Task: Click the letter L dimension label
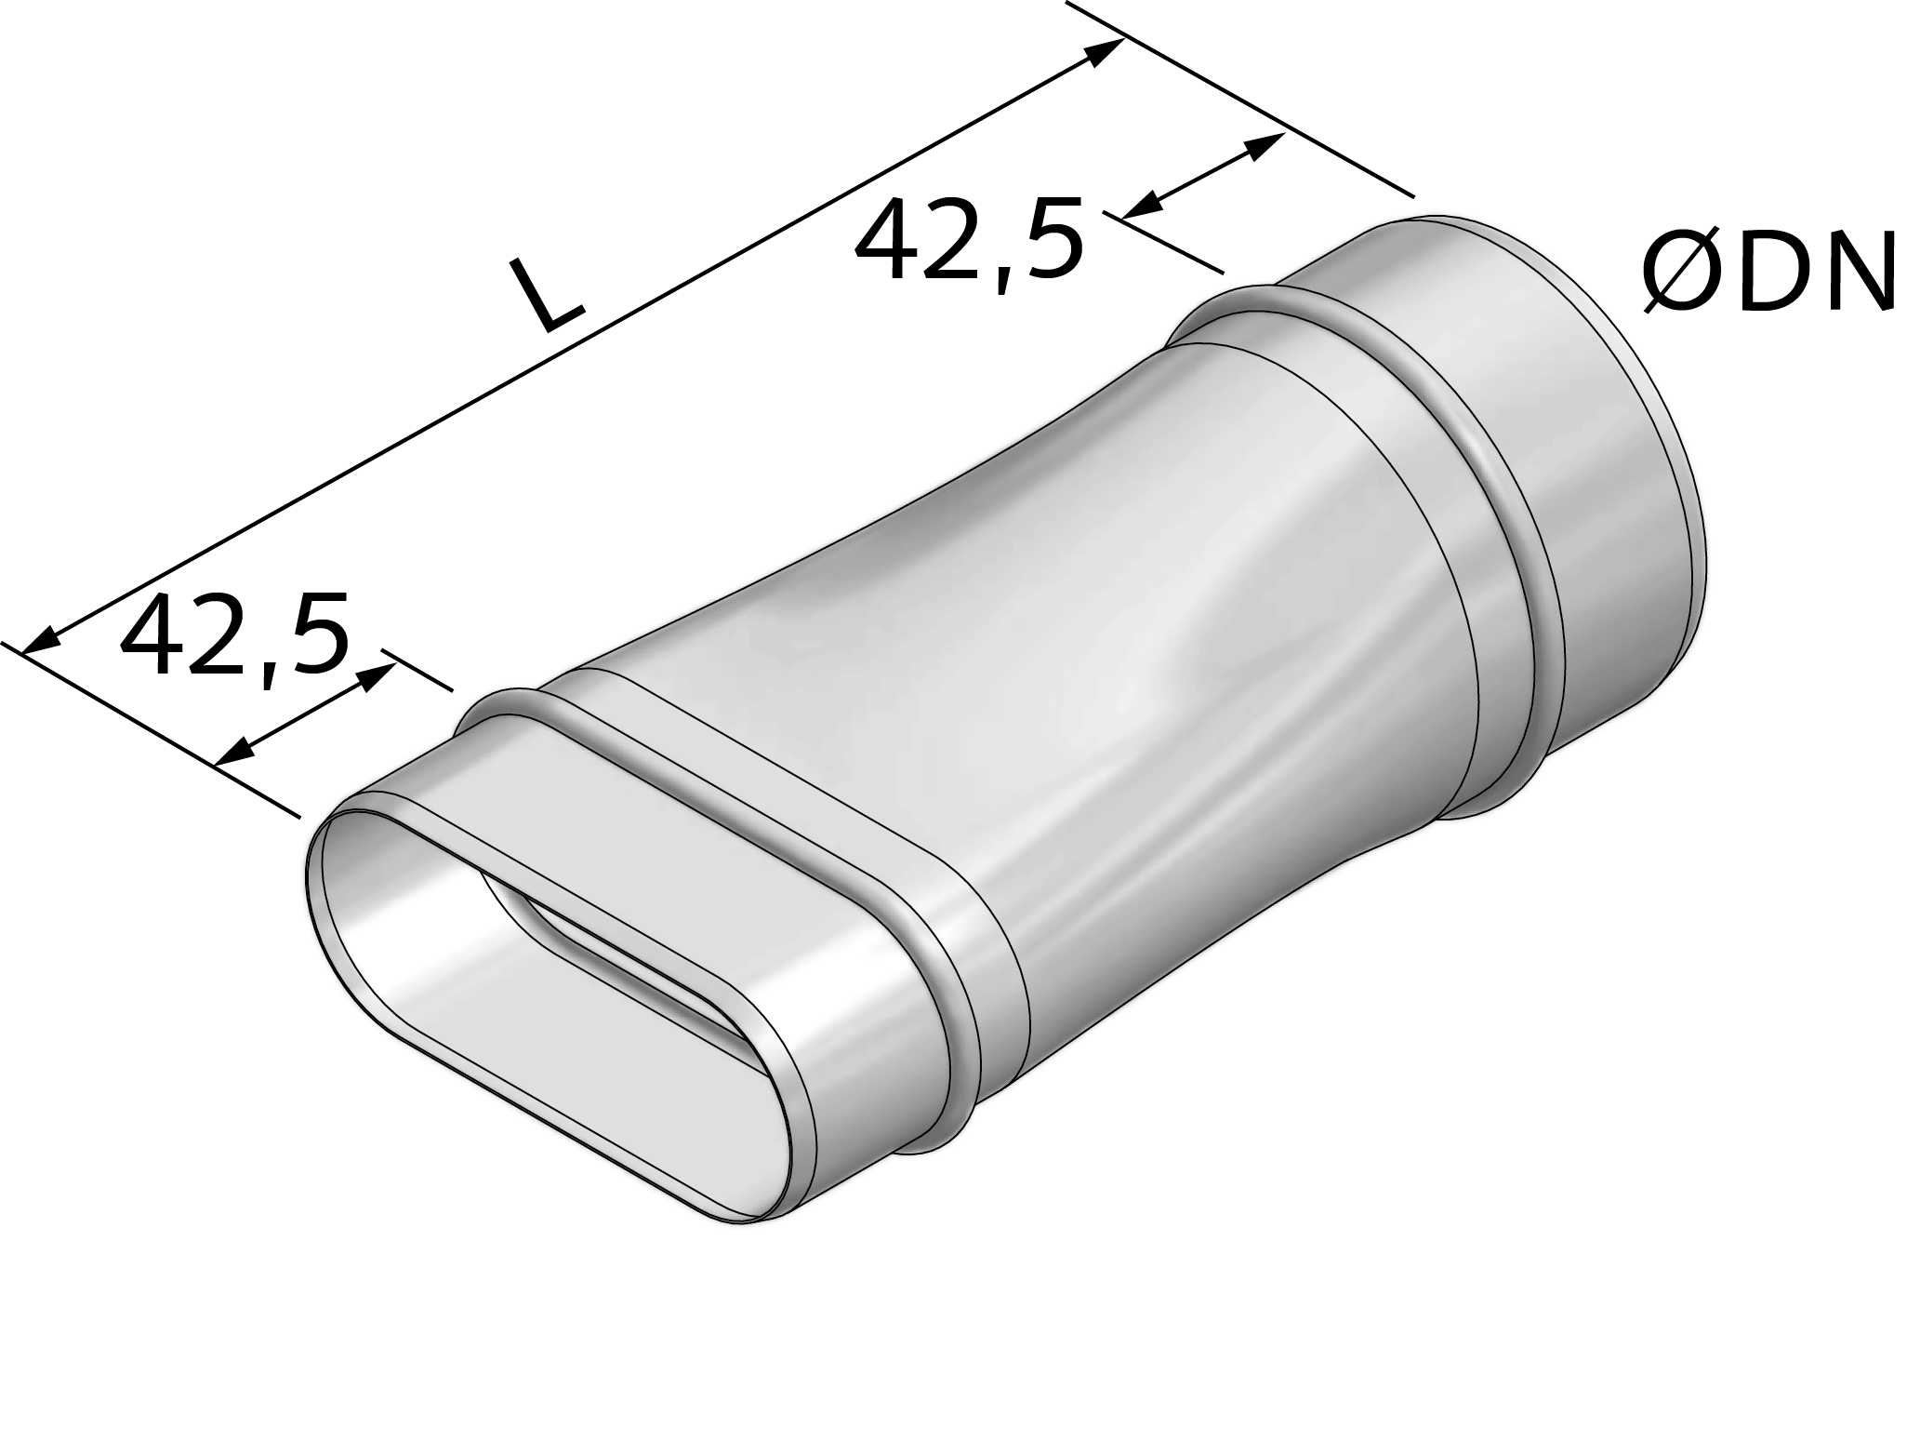tap(550, 296)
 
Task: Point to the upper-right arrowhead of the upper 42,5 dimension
tap(1266, 145)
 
